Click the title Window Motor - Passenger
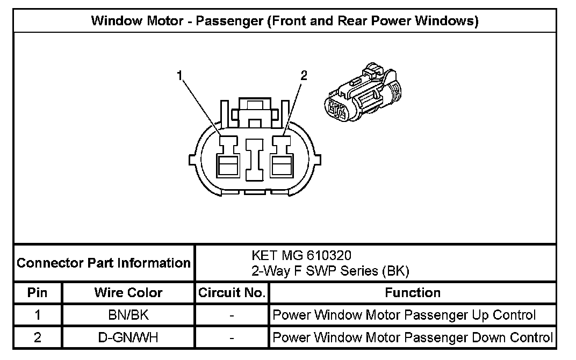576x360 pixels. (285, 21)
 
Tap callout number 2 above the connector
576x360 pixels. (304, 76)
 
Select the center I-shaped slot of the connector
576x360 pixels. (255, 159)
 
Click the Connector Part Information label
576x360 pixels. (104, 263)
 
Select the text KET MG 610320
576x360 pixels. (301, 255)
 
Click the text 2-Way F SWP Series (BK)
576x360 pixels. (330, 271)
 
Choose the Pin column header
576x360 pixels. (38, 293)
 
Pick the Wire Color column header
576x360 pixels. (128, 293)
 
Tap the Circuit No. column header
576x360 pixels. (232, 293)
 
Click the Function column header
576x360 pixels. (412, 293)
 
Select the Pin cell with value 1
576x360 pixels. (38, 315)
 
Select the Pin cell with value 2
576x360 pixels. (38, 338)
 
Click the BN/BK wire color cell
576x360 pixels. (128, 315)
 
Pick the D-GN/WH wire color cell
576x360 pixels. (128, 338)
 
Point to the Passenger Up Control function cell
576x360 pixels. (404, 315)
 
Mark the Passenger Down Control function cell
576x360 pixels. (412, 338)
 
